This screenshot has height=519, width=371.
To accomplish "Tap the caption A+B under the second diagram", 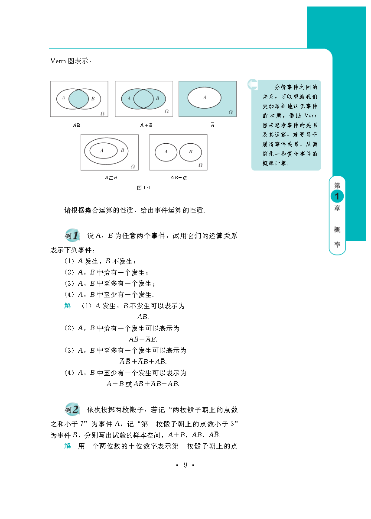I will (x=146, y=125).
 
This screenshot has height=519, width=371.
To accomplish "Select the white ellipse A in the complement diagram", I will (x=205, y=97).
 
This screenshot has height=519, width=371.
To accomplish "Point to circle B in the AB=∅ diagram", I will (x=191, y=152).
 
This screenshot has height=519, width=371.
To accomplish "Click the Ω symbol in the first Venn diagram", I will (x=102, y=113).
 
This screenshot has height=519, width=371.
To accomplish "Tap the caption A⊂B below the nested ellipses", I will (x=111, y=177).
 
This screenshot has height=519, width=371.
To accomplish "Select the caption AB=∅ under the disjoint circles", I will (x=179, y=177).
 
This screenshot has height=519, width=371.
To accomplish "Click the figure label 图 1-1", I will (x=143, y=188).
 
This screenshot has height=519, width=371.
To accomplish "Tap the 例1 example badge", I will (x=72, y=236).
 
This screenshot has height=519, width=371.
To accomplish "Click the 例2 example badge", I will (x=72, y=409).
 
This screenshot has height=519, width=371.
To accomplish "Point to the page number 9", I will (x=185, y=465).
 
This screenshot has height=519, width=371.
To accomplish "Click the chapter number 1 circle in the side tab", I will (x=337, y=196).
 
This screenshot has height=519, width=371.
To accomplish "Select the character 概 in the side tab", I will (x=337, y=229).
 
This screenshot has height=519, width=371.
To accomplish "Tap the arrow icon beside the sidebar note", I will (x=253, y=84).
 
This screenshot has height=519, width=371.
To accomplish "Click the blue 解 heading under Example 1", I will (x=68, y=306).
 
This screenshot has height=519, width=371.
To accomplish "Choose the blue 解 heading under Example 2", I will (x=68, y=446).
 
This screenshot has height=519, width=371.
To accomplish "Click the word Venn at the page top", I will (x=58, y=61).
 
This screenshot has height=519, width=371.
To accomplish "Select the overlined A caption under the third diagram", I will (x=212, y=125).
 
